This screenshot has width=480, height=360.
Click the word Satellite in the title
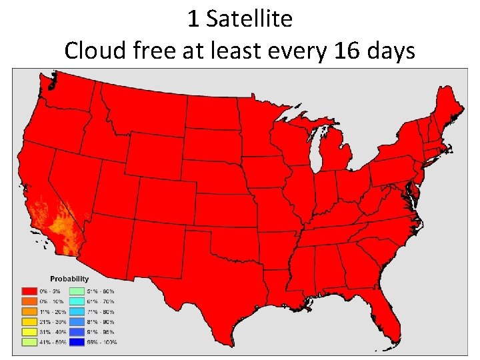tap(249, 19)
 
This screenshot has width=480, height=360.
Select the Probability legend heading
tap(69, 278)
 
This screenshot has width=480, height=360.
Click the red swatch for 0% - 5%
tap(29, 291)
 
